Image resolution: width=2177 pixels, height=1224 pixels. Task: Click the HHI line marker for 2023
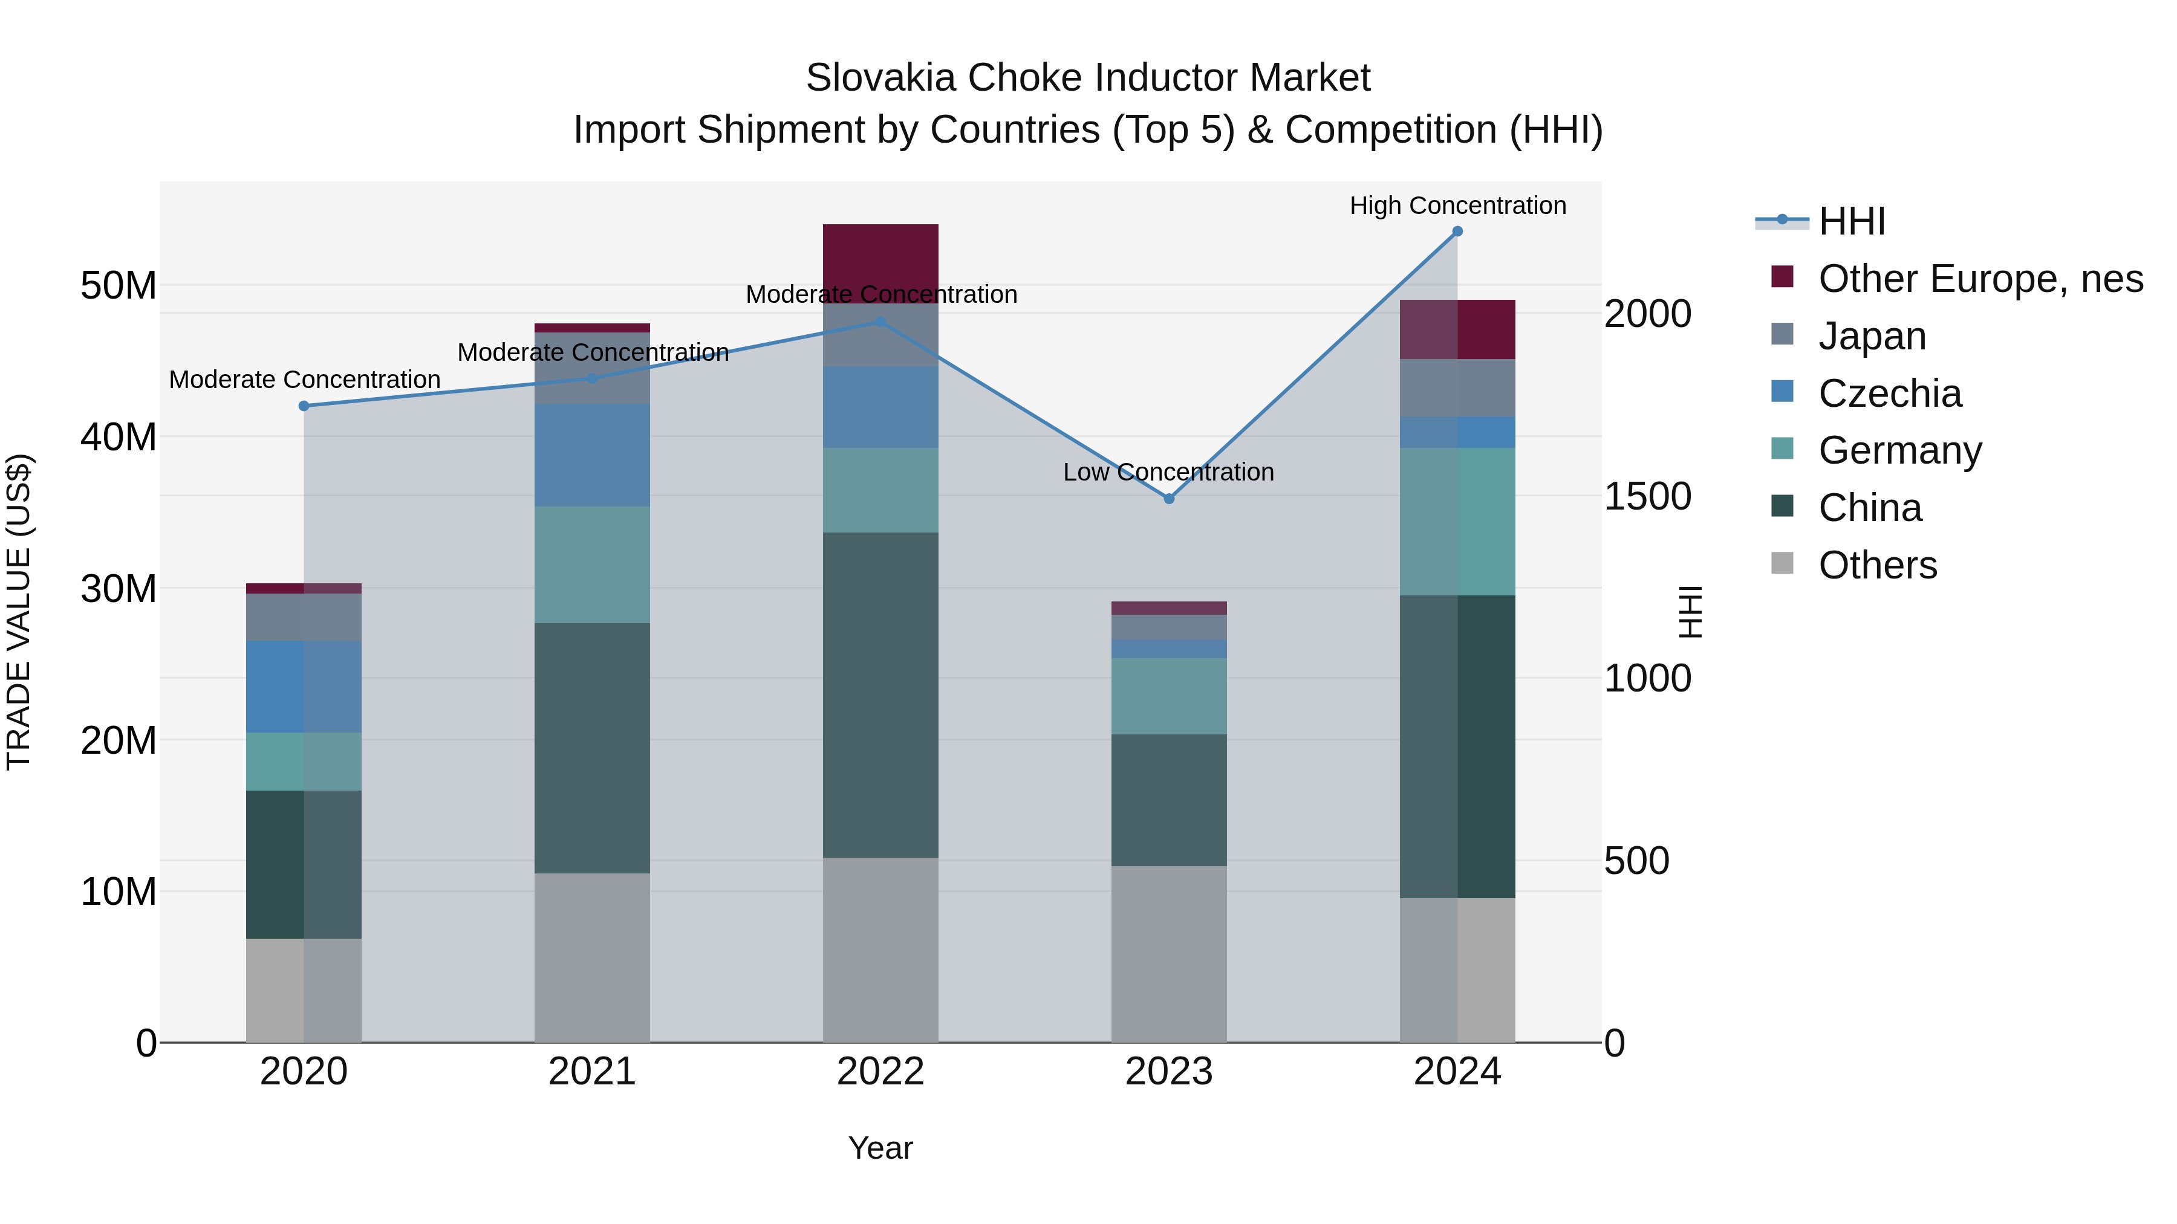coord(1169,499)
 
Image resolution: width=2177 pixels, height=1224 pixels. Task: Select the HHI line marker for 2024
coord(1457,232)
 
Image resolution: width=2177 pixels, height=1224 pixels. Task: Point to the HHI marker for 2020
coord(304,406)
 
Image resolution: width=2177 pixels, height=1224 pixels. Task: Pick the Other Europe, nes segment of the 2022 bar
coord(880,257)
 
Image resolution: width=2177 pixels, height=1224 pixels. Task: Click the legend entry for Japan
coord(1872,335)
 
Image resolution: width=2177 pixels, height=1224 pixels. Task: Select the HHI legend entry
coord(1851,221)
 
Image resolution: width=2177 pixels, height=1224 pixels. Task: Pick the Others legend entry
coord(1877,565)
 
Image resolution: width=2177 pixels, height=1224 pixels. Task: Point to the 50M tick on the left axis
coord(119,285)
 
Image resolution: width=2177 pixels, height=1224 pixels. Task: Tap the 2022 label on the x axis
coord(880,1072)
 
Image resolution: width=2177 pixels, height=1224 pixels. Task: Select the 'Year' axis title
coord(880,1148)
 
